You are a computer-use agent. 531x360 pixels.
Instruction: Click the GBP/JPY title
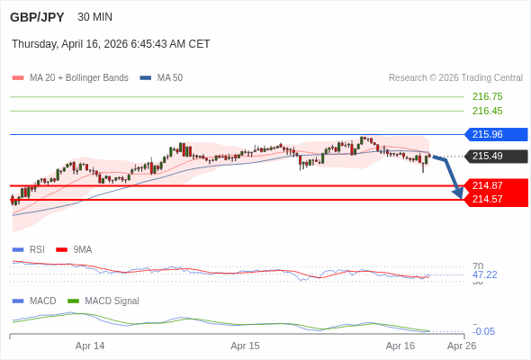pyautogui.click(x=37, y=17)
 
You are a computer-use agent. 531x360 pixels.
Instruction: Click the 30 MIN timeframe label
pyautogui.click(x=95, y=17)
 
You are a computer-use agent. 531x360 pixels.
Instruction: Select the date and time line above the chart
pyautogui.click(x=111, y=43)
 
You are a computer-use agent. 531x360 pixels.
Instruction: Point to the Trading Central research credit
pyautogui.click(x=455, y=77)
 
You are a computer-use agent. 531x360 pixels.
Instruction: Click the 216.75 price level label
pyautogui.click(x=487, y=96)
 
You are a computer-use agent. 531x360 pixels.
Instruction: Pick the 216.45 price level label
pyautogui.click(x=487, y=111)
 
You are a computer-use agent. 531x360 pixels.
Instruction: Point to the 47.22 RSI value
pyautogui.click(x=484, y=274)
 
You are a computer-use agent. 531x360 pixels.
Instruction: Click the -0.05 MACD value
pyautogui.click(x=484, y=331)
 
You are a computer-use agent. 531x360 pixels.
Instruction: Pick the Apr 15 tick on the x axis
pyautogui.click(x=245, y=346)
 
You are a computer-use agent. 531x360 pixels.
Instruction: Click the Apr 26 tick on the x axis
pyautogui.click(x=462, y=346)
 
